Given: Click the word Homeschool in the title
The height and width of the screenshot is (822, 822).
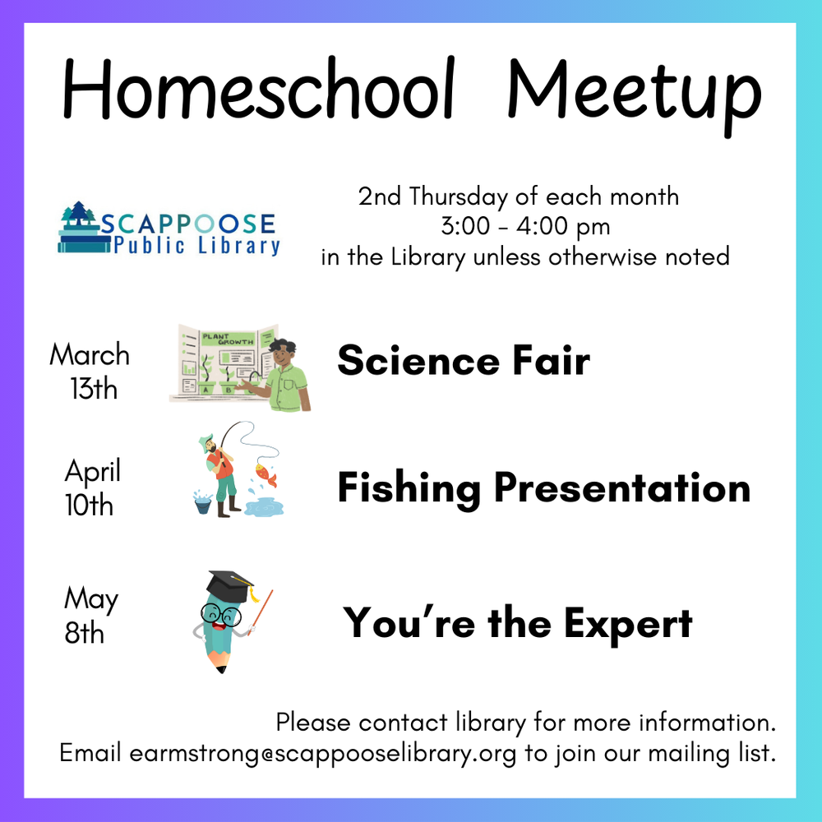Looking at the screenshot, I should click(x=258, y=90).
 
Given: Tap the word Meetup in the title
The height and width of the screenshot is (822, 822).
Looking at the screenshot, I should click(x=633, y=92).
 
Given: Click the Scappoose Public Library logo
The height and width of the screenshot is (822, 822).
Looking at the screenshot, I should click(x=169, y=228).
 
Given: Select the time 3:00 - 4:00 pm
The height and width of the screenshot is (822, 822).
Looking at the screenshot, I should click(x=525, y=227).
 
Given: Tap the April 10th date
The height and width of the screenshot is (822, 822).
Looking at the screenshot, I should click(x=91, y=487).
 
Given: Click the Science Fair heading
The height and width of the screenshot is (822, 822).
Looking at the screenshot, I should click(x=464, y=361).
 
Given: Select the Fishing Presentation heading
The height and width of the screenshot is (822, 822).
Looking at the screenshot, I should click(x=543, y=488).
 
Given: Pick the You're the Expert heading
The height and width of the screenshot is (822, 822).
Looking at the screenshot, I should click(x=518, y=622).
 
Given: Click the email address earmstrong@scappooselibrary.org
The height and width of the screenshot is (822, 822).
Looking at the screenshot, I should click(x=323, y=754).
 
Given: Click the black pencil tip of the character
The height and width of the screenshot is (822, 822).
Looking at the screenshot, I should click(x=220, y=669).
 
